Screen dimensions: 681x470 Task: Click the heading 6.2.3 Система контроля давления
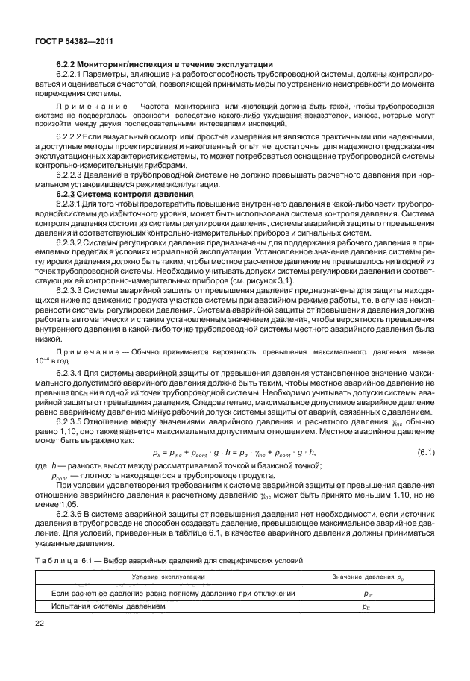click(126, 194)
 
